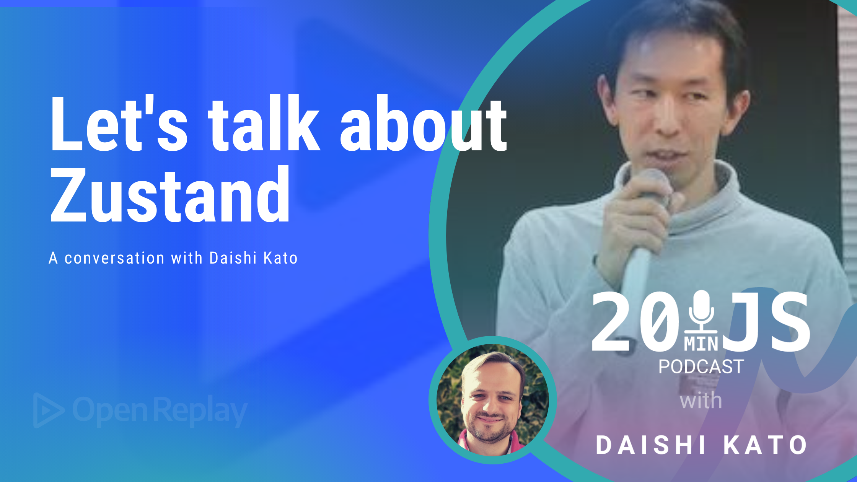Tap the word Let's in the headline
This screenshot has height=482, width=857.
pos(119,123)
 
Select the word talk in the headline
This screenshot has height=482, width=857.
pos(264,123)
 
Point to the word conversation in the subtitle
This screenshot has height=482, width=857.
pos(114,258)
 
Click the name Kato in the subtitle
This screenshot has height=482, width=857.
pos(281,258)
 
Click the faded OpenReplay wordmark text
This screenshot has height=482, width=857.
pos(160,411)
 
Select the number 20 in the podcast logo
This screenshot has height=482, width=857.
pos(635,322)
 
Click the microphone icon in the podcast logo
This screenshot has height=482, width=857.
pos(701,312)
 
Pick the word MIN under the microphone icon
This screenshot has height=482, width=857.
pos(701,344)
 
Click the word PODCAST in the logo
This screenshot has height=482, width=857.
pos(701,367)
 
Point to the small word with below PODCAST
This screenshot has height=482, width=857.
pos(701,401)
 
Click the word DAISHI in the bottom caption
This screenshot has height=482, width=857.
pos(650,445)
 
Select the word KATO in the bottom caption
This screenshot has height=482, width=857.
pos(765,445)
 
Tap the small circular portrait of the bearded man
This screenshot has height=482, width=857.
pos(493,400)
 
